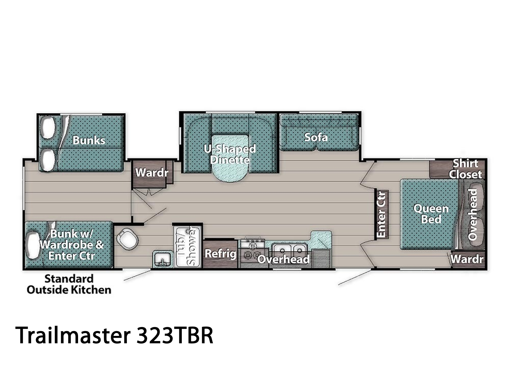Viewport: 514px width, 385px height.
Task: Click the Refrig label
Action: [220, 253]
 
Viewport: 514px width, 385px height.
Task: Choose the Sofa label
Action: [316, 137]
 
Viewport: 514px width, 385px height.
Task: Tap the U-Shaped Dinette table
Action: [230, 158]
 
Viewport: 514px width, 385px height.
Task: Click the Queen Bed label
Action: [431, 214]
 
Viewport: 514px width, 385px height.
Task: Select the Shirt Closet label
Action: [465, 169]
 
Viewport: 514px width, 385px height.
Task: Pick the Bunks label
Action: [89, 140]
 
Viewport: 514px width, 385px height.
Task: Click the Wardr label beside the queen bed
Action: [467, 259]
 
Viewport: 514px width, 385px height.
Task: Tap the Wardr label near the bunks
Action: [152, 173]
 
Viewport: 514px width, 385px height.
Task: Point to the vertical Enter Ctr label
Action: [381, 214]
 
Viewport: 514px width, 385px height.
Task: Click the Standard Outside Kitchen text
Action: [69, 284]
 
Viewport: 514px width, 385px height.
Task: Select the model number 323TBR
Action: [175, 335]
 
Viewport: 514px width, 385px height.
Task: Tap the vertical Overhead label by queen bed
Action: [472, 214]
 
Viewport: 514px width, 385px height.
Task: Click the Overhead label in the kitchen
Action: [283, 259]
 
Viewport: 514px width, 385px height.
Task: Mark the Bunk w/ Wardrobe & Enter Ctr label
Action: [71, 245]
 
